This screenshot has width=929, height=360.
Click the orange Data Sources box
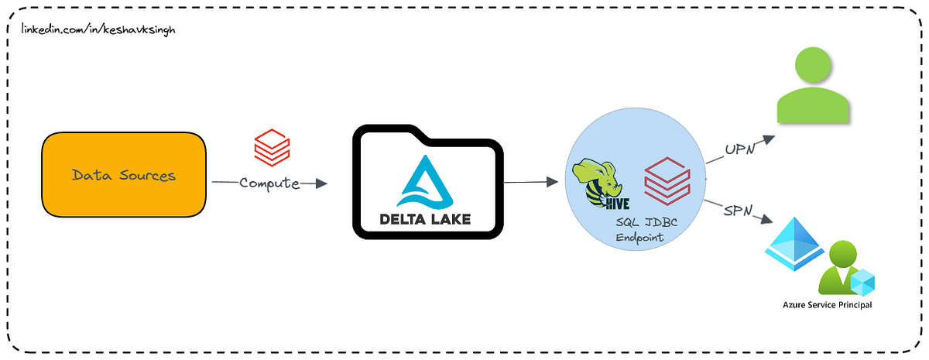[x=124, y=175]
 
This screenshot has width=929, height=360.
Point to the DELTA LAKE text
[x=425, y=219]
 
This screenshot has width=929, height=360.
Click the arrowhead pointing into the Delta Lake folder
[x=321, y=183]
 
